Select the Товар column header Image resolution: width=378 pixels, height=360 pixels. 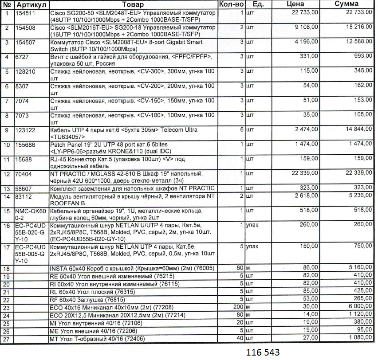click(133, 4)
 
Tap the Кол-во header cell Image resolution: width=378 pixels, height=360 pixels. click(231, 4)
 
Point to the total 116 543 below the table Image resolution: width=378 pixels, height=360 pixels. click(263, 352)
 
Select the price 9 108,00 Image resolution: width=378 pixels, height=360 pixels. click(306, 27)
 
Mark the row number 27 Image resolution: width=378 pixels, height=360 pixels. click(6, 339)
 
